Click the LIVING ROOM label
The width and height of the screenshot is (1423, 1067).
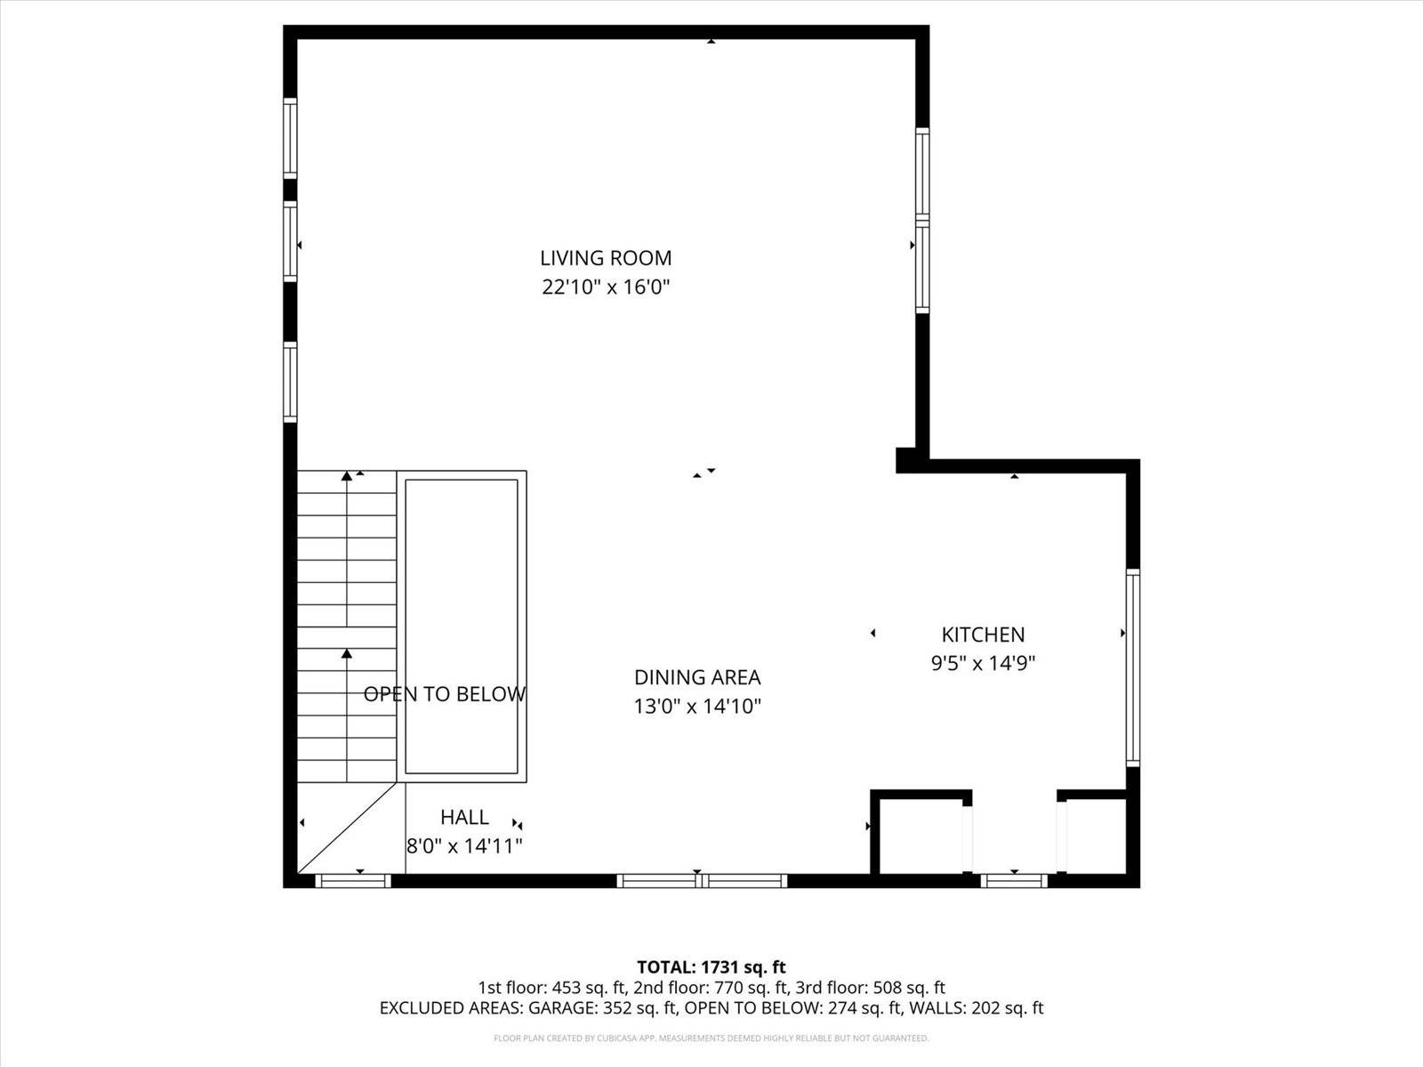pyautogui.click(x=606, y=258)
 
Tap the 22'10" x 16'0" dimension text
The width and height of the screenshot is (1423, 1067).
pyautogui.click(x=606, y=287)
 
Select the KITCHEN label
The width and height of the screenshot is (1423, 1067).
pyautogui.click(x=983, y=635)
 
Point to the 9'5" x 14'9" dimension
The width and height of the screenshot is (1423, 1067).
pyautogui.click(x=983, y=663)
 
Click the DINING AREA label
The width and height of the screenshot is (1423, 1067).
pyautogui.click(x=697, y=677)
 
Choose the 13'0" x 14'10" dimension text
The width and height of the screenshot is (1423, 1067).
pyautogui.click(x=697, y=707)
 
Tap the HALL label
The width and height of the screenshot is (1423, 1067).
pyautogui.click(x=464, y=817)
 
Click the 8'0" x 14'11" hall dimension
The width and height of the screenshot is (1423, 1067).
pyautogui.click(x=464, y=846)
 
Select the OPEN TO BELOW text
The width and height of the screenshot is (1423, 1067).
pyautogui.click(x=444, y=694)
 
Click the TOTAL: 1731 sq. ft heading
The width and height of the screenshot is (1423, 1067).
pyautogui.click(x=711, y=966)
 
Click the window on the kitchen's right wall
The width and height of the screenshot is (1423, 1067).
pyautogui.click(x=1132, y=667)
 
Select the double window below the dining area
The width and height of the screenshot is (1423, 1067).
pyautogui.click(x=702, y=881)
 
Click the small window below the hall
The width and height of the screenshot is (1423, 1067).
pyautogui.click(x=353, y=881)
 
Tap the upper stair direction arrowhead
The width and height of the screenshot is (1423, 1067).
pyautogui.click(x=347, y=477)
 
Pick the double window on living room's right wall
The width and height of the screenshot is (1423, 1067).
pyautogui.click(x=922, y=220)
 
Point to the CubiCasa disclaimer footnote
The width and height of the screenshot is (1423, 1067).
pyautogui.click(x=711, y=1038)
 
